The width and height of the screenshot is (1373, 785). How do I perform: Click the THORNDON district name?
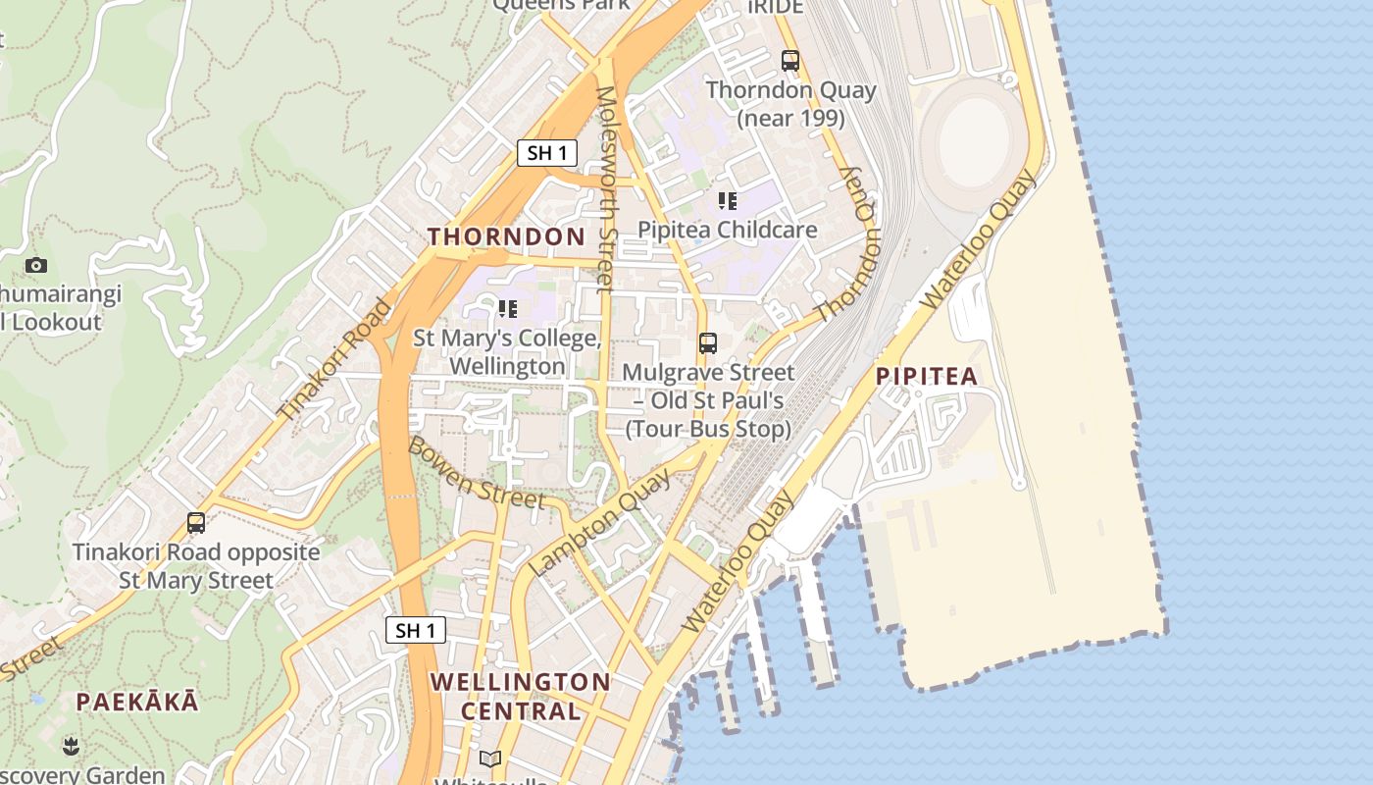(506, 236)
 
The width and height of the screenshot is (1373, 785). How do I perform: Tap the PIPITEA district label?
(927, 376)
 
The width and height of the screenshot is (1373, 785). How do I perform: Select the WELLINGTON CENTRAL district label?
(520, 696)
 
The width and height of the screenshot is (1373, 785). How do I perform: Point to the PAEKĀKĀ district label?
(137, 702)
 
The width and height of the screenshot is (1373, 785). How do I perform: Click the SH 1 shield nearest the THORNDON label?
(546, 152)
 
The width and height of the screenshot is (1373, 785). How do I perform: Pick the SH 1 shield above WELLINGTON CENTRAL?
(415, 630)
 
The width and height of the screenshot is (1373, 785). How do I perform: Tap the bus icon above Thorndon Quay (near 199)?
(790, 61)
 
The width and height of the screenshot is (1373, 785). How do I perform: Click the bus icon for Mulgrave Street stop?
(708, 343)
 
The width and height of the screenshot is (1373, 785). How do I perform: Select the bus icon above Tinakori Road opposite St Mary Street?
(196, 523)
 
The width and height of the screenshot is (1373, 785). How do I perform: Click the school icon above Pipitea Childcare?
(727, 201)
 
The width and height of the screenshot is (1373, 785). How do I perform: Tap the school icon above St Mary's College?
(507, 309)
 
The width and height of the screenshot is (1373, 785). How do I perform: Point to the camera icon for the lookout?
(36, 265)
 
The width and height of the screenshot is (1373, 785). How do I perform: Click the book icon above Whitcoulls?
(490, 759)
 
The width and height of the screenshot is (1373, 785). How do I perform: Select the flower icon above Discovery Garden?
(71, 746)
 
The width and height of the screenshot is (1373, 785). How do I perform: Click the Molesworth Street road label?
(605, 188)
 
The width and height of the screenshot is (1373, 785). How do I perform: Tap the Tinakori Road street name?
(334, 360)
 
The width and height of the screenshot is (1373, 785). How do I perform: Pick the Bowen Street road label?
(476, 473)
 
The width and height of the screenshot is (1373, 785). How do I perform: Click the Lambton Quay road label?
(600, 522)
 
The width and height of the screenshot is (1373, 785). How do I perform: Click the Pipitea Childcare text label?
(727, 230)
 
